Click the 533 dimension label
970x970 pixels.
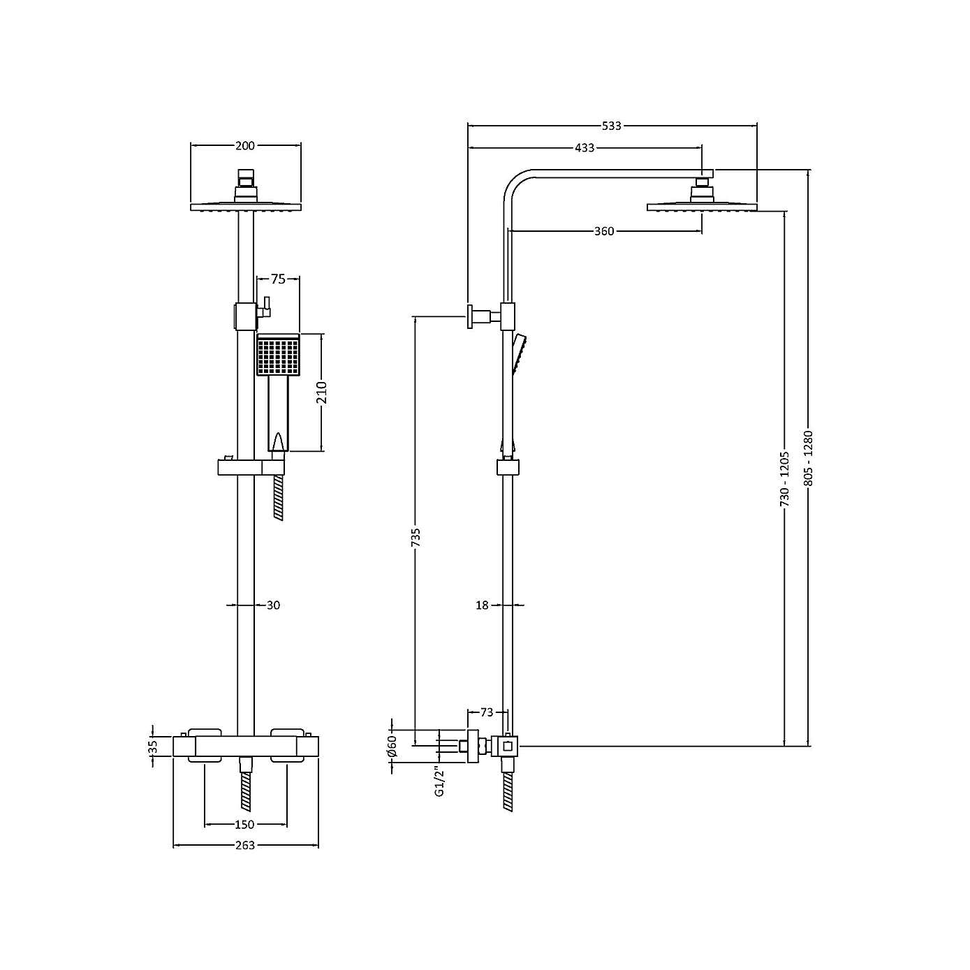pyautogui.click(x=611, y=126)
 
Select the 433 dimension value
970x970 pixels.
pyautogui.click(x=585, y=148)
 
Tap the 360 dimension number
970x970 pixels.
pyautogui.click(x=604, y=231)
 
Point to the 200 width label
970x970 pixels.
pyautogui.click(x=245, y=145)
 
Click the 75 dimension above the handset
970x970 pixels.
pyautogui.click(x=278, y=279)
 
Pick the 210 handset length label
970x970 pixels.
pyautogui.click(x=322, y=393)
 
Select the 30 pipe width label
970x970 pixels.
pyautogui.click(x=273, y=605)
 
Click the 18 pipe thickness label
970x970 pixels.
pyautogui.click(x=482, y=605)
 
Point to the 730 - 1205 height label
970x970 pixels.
pyautogui.click(x=785, y=478)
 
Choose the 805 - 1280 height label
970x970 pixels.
pyautogui.click(x=809, y=457)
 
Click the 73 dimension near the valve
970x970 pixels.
pyautogui.click(x=487, y=712)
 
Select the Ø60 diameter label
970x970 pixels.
pyautogui.click(x=392, y=747)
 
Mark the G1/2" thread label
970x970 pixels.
pyautogui.click(x=439, y=783)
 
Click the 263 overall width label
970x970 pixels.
pyautogui.click(x=245, y=846)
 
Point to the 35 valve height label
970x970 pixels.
pyautogui.click(x=153, y=747)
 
